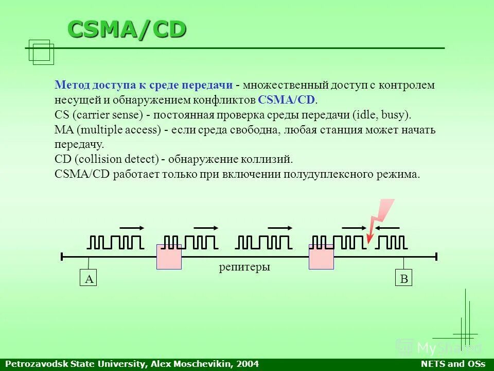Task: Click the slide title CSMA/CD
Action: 127,30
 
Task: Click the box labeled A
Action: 89,279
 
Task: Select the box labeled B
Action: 404,279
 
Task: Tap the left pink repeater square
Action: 169,257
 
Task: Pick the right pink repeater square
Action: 321,257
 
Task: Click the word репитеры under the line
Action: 244,267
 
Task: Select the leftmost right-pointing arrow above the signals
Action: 132,227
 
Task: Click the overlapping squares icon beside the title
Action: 42,52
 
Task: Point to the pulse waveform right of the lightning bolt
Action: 392,242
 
